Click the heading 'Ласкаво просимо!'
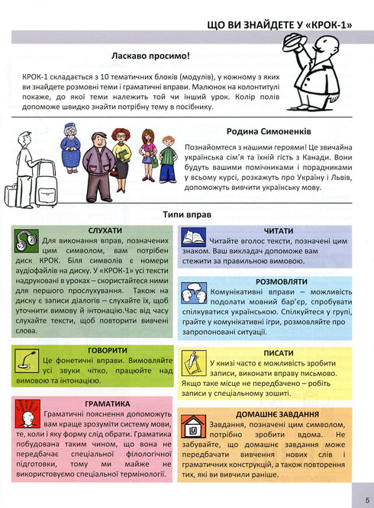pyautogui.click(x=150, y=56)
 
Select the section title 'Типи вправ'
pyautogui.click(x=187, y=215)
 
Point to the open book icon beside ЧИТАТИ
pyautogui.click(x=193, y=238)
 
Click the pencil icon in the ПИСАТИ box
pyautogui.click(x=192, y=358)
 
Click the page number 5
pyautogui.click(x=366, y=500)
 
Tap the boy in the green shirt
pyautogui.click(x=147, y=159)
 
